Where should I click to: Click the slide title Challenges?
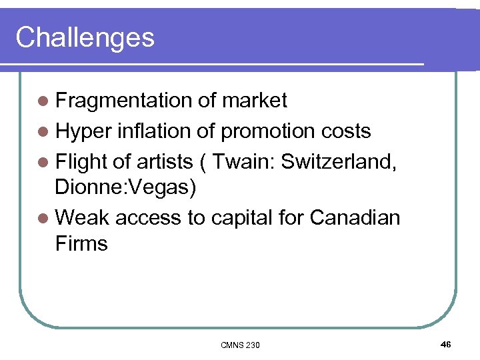[85, 37]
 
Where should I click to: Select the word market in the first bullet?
[254, 101]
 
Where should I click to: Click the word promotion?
[265, 131]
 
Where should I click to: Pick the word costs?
[343, 131]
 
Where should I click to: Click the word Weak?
[83, 217]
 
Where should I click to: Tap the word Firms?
[81, 243]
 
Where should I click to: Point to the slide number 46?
[445, 344]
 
